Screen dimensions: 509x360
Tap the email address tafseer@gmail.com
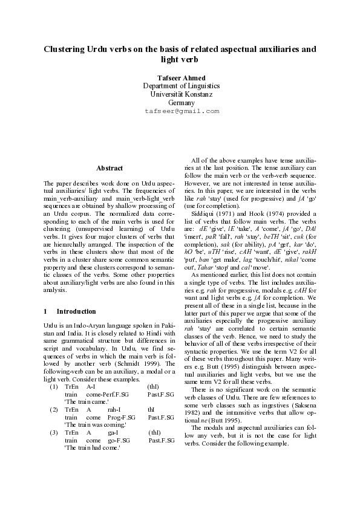182,112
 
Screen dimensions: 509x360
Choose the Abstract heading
110,168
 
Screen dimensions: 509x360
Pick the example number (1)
53,386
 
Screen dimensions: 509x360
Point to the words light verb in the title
180,59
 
